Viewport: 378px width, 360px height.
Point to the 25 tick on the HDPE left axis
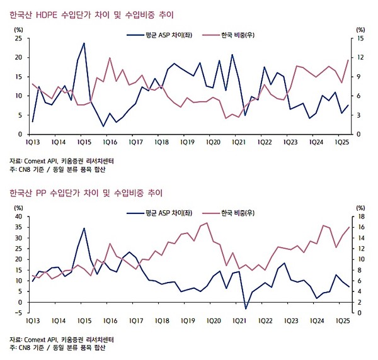tap(18, 38)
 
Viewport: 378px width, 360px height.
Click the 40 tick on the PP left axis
tap(18, 217)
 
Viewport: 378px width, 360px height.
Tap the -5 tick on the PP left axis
tap(20, 302)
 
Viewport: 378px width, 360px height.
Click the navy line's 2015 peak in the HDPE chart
tap(84, 43)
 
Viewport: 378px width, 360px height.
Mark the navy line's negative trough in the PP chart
tap(246, 308)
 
